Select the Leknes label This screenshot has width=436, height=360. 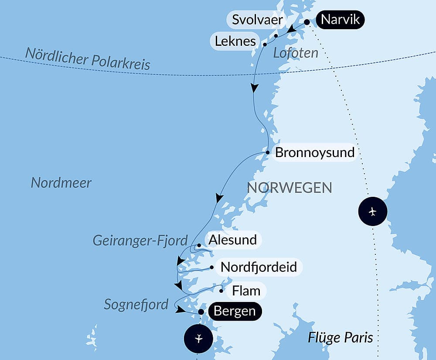(235, 41)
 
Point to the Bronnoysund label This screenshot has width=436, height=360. (315, 153)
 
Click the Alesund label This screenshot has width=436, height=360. (232, 240)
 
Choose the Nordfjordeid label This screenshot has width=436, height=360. (259, 267)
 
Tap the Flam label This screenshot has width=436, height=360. (246, 291)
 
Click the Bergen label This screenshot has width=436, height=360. (235, 312)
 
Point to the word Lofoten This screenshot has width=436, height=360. (296, 53)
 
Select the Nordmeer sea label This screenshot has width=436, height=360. (61, 183)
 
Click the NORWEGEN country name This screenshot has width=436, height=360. (290, 188)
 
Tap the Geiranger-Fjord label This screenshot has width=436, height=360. (140, 240)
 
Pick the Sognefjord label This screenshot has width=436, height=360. (136, 305)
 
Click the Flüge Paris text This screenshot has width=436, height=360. (341, 337)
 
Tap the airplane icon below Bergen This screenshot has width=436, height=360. (198, 338)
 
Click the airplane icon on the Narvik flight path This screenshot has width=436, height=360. (372, 212)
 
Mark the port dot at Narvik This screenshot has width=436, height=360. (307, 22)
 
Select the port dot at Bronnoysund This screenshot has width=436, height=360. (268, 153)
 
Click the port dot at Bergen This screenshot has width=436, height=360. (201, 312)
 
